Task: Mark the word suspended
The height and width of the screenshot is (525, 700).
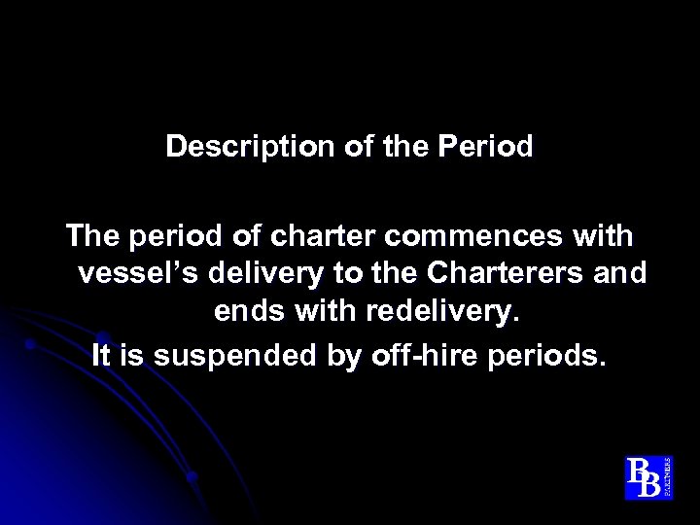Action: click(x=228, y=356)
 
